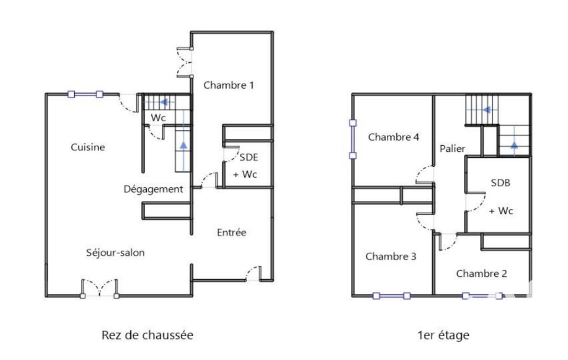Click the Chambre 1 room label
(x=228, y=85)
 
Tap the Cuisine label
(x=88, y=147)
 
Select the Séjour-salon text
(x=115, y=253)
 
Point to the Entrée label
(x=232, y=233)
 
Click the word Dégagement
(x=153, y=189)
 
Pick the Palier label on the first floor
(x=452, y=148)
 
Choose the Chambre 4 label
(x=393, y=137)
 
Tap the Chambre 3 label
(x=391, y=256)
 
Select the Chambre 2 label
(x=482, y=274)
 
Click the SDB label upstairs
(x=500, y=183)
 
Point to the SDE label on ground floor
(x=249, y=157)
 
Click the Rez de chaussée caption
(x=147, y=335)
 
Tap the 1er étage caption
(x=443, y=335)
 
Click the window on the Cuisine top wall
(x=85, y=95)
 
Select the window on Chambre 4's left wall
(x=353, y=140)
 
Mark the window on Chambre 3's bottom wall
(x=392, y=296)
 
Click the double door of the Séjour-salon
(x=100, y=289)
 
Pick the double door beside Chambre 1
(x=185, y=62)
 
